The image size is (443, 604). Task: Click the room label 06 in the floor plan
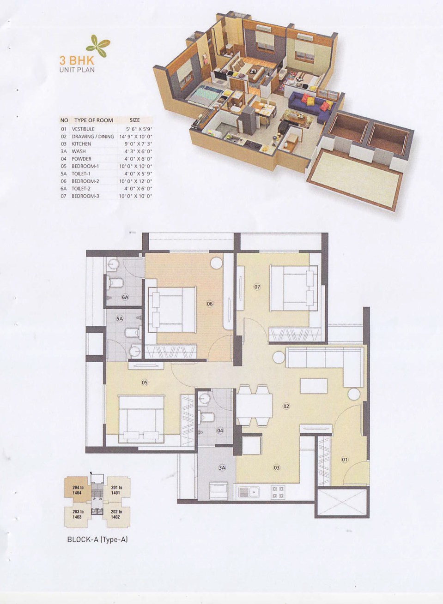209,304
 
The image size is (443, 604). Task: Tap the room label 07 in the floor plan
257,287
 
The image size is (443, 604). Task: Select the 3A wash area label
222,468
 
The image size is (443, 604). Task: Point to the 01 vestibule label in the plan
345,460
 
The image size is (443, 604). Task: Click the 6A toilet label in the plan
125,298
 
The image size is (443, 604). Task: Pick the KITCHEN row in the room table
106,144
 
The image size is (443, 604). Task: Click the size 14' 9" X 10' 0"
136,137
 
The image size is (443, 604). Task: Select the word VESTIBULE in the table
83,129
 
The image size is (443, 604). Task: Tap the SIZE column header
135,120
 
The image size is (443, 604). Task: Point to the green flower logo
98,46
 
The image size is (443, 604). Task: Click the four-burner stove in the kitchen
278,492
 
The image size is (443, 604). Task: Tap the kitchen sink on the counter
249,492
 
